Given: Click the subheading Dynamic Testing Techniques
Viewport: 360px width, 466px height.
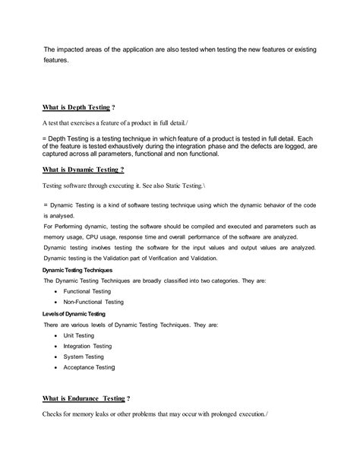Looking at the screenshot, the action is (78, 270).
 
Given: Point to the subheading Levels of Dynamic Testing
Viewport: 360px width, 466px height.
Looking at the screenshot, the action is (74, 313).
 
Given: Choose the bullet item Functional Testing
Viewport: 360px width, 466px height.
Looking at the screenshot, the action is (88, 291).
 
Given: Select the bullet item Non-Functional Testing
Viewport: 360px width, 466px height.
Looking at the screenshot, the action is (93, 302).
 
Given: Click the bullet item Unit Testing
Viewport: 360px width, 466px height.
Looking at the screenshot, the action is (79, 334).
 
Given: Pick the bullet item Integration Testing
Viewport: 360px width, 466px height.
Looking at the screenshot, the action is (89, 345).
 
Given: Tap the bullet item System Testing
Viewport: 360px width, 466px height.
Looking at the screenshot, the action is (84, 356).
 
